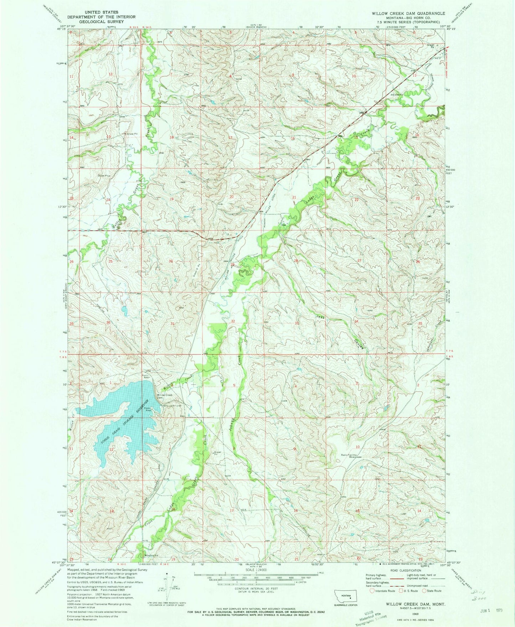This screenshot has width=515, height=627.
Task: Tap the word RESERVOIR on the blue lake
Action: pos(145,407)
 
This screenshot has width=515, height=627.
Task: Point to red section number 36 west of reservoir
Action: pos(109,323)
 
